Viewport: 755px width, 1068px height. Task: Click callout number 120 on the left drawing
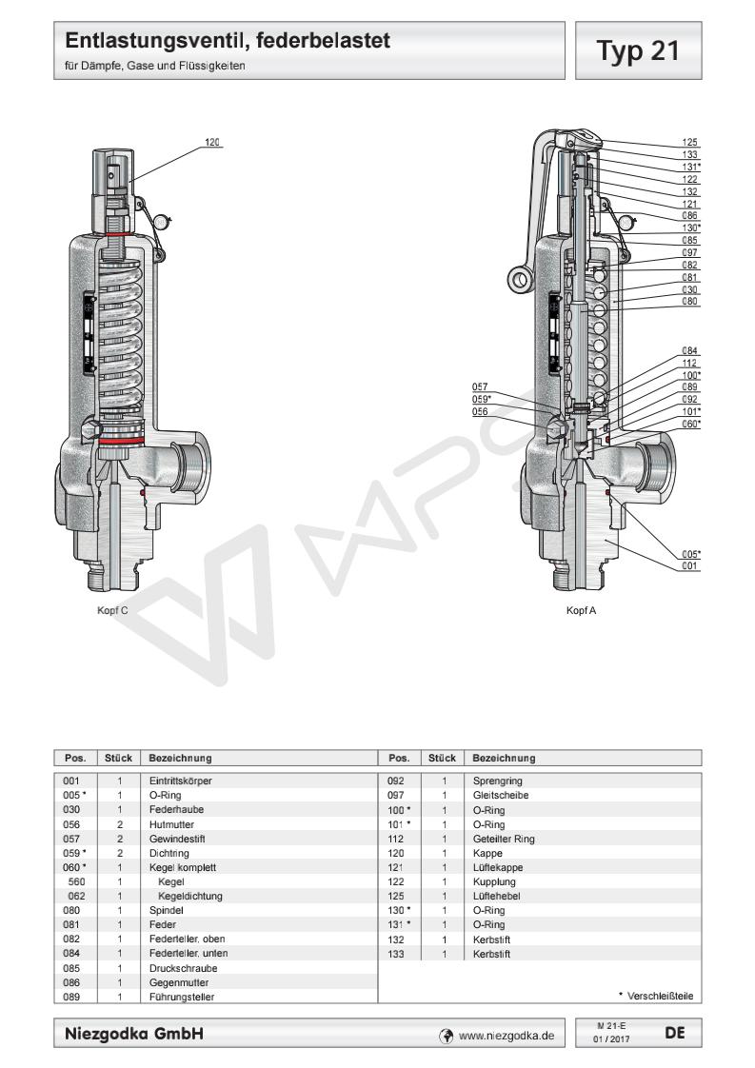click(212, 143)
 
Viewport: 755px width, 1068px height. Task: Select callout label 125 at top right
click(690, 142)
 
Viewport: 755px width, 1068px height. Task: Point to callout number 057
click(481, 386)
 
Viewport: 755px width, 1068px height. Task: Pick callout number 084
click(690, 350)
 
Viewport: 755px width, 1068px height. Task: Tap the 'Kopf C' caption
click(111, 611)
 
